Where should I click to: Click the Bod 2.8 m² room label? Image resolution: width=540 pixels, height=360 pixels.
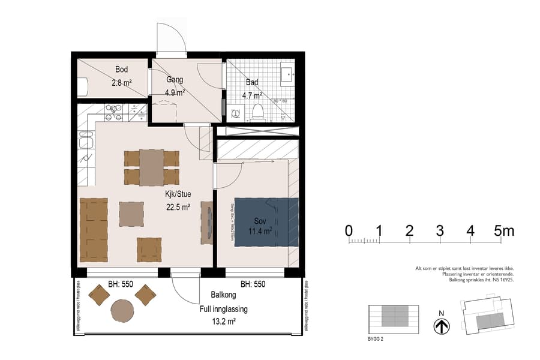[121, 77]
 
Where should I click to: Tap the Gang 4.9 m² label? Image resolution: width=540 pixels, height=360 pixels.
[175, 86]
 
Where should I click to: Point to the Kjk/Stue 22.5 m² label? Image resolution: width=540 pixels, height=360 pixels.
[178, 201]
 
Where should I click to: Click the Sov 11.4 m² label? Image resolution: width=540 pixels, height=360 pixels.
[260, 226]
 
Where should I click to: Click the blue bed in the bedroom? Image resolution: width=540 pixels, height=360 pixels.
[266, 222]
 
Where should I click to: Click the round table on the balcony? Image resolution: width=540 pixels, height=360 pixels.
[122, 311]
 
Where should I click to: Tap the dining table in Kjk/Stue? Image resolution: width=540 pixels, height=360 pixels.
[151, 167]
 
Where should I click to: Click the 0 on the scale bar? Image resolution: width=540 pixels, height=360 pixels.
[349, 231]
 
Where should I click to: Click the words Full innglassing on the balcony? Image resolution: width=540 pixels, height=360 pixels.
[223, 309]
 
